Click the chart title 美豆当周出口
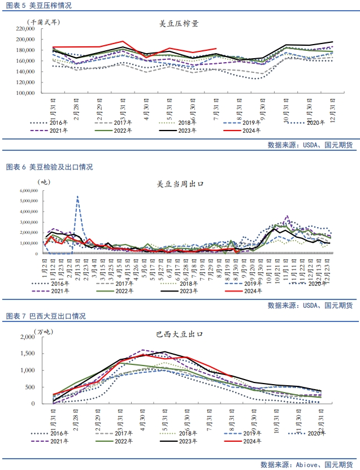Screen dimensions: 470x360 tap(180, 184)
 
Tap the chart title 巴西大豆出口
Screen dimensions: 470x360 tap(179, 334)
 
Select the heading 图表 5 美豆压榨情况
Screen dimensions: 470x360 tap(38, 6)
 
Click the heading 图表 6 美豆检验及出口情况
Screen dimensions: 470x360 tap(49, 167)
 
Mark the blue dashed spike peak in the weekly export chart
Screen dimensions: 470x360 tap(77, 197)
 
